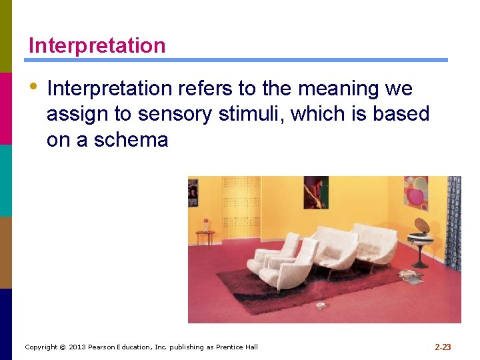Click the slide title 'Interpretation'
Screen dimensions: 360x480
(x=97, y=46)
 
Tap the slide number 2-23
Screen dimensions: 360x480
(x=443, y=347)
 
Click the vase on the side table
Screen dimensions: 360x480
(x=206, y=225)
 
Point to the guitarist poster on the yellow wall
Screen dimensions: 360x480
(x=315, y=192)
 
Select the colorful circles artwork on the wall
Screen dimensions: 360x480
(x=415, y=191)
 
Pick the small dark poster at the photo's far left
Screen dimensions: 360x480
(x=193, y=193)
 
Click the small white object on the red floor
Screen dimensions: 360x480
(x=321, y=305)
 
